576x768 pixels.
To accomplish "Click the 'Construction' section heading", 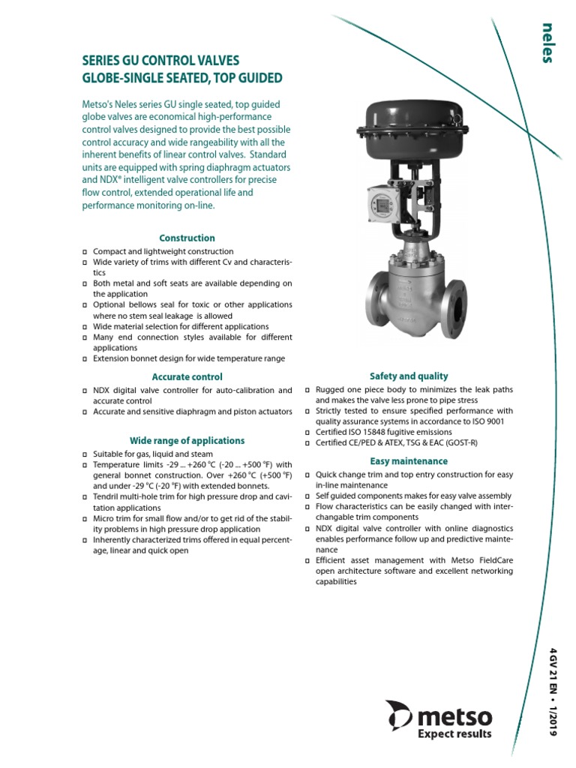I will click(187, 238).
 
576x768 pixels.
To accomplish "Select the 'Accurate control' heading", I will click(187, 376).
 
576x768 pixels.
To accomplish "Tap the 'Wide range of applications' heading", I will click(187, 440).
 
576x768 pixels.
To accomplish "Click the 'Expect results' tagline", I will click(454, 733).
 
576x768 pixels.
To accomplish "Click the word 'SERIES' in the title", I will click(103, 60).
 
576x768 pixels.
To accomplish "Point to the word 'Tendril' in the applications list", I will click(106, 497).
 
